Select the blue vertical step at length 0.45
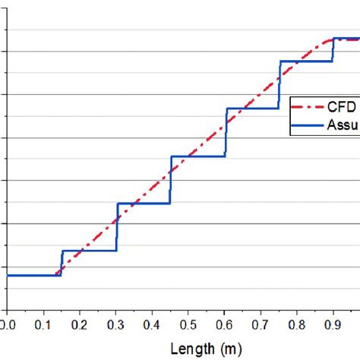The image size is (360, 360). pyautogui.click(x=171, y=180)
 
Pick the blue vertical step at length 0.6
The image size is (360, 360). pyautogui.click(x=226, y=132)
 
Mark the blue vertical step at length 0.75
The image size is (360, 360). pyautogui.click(x=279, y=84)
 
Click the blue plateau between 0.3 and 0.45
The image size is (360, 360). pyautogui.click(x=144, y=204)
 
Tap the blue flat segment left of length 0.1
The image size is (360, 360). pyautogui.click(x=30, y=275)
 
